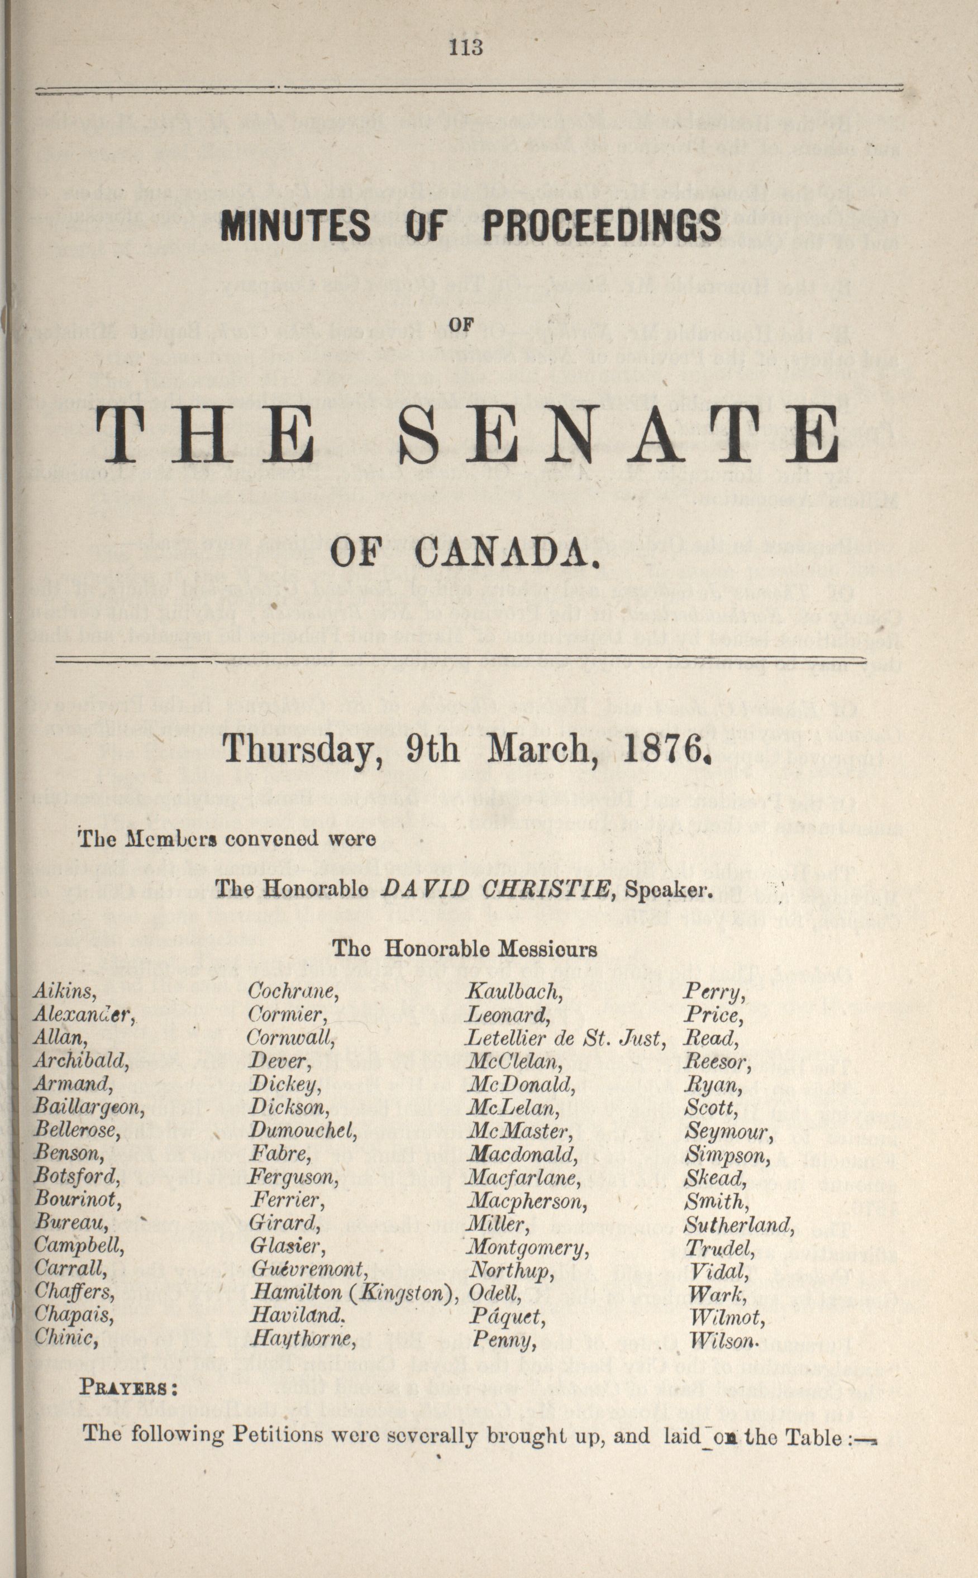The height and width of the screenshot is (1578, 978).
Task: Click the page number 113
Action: pyautogui.click(x=466, y=47)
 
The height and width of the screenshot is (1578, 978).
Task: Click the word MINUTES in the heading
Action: pyautogui.click(x=295, y=226)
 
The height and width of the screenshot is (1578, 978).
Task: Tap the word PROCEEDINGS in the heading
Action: pyautogui.click(x=602, y=226)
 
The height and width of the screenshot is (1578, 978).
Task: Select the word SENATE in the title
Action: pyautogui.click(x=619, y=435)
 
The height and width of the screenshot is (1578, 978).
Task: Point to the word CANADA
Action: pyautogui.click(x=507, y=554)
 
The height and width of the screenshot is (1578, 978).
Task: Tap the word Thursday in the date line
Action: pyautogui.click(x=299, y=751)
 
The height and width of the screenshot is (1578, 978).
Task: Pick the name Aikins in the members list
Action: pyautogui.click(x=65, y=992)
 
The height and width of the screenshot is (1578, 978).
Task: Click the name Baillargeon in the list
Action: pyautogui.click(x=89, y=1108)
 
